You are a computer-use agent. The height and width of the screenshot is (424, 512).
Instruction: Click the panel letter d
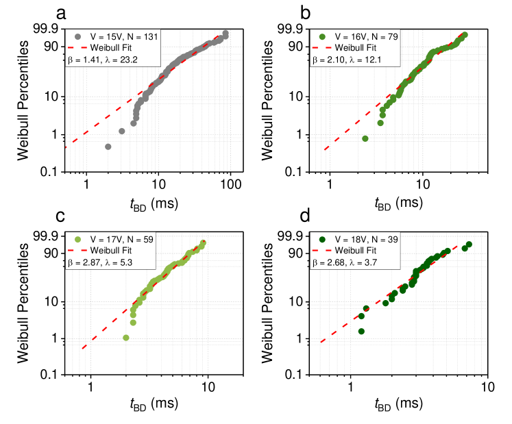click(x=306, y=217)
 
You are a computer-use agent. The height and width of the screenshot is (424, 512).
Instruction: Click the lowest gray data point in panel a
click(x=108, y=147)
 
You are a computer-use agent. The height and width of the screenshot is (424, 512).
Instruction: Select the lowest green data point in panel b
click(x=365, y=138)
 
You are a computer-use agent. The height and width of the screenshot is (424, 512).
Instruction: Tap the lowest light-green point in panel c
click(x=125, y=338)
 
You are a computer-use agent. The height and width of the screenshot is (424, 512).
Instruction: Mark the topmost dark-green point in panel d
click(x=470, y=245)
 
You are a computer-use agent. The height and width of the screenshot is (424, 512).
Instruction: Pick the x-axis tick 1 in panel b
click(x=330, y=186)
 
